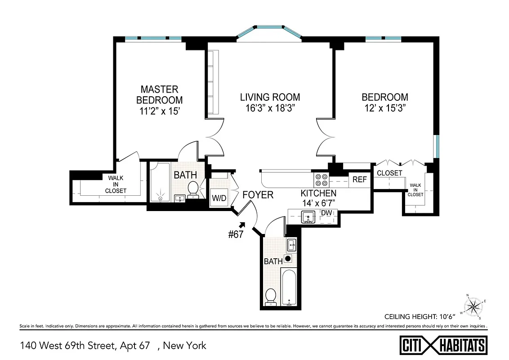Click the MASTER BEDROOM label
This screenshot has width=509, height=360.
[159, 94]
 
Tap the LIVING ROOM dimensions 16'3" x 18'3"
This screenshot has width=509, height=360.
[270, 108]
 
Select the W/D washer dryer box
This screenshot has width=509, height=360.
[219, 197]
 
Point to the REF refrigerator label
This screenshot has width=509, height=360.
[360, 180]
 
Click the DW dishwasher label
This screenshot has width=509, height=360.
[326, 213]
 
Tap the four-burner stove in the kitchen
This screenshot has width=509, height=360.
[321, 180]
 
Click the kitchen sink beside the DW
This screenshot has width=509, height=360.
[308, 217]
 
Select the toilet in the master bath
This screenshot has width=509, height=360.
[193, 189]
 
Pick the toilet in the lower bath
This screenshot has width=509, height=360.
[271, 297]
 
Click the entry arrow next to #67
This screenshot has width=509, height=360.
[243, 224]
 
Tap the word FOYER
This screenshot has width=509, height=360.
[258, 195]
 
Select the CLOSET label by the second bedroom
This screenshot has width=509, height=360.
[389, 173]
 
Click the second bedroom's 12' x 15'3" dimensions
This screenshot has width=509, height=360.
[385, 108]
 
